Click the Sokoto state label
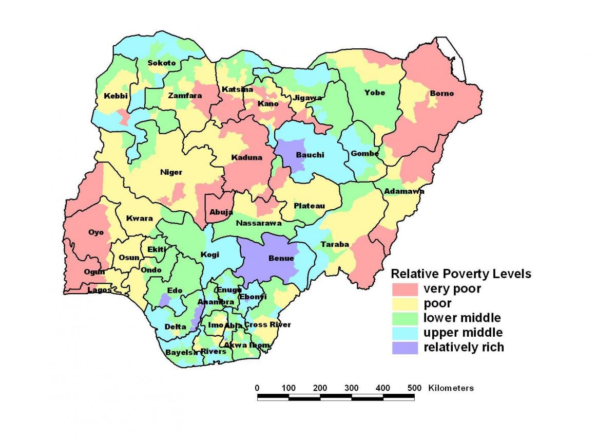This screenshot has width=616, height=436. pyautogui.click(x=162, y=63)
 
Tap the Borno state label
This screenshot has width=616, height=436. pyautogui.click(x=441, y=94)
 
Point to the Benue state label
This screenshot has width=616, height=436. pyautogui.click(x=281, y=258)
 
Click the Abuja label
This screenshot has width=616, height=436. pyautogui.click(x=221, y=212)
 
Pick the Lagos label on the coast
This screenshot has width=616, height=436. pyautogui.click(x=99, y=290)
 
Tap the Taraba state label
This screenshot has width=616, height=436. pyautogui.click(x=335, y=244)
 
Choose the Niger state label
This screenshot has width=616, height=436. pyautogui.click(x=171, y=172)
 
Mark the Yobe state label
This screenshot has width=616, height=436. pyautogui.click(x=374, y=93)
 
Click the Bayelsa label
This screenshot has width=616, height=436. pyautogui.click(x=181, y=353)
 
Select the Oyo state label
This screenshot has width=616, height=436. pyautogui.click(x=96, y=232)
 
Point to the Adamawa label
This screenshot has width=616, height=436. pyautogui.click(x=404, y=191)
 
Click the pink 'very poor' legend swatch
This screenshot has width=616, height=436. pyautogui.click(x=404, y=288)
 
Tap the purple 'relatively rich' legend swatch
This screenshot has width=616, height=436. pyautogui.click(x=404, y=348)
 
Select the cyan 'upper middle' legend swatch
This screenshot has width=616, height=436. pyautogui.click(x=404, y=333)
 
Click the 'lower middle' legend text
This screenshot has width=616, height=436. pyautogui.click(x=462, y=318)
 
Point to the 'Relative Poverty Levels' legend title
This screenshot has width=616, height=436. pyautogui.click(x=461, y=274)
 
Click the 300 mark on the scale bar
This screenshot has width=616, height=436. pyautogui.click(x=352, y=388)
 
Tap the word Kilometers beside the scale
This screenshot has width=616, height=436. pyautogui.click(x=451, y=388)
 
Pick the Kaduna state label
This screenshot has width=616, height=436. pyautogui.click(x=246, y=157)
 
